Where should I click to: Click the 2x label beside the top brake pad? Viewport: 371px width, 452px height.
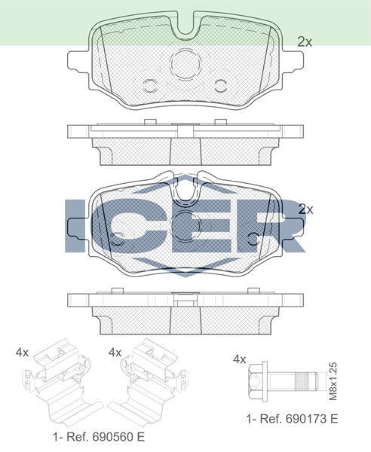[x=304, y=42]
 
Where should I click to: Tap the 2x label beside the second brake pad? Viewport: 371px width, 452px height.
[x=305, y=209]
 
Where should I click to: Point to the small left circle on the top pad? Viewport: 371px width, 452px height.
[x=149, y=84]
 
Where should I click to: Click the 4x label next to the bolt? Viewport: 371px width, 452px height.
[x=239, y=359]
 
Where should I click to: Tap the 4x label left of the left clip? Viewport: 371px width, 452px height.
[x=23, y=352]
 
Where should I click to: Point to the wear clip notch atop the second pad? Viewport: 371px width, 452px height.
[x=185, y=188]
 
